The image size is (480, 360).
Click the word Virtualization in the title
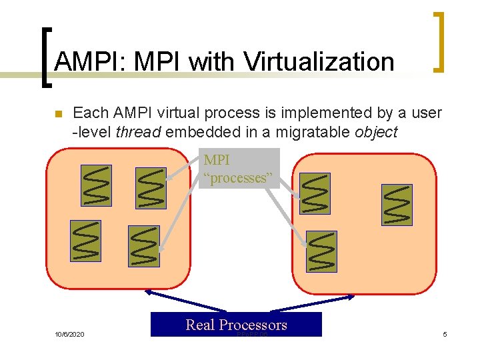point(319,62)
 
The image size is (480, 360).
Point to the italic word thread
point(138,132)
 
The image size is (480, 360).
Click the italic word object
point(375,132)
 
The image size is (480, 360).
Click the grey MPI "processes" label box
point(239,169)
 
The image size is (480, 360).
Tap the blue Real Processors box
point(236,325)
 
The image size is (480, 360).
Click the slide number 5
point(445,333)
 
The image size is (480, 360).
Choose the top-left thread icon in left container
point(96,185)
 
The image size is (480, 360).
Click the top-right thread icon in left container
point(151,188)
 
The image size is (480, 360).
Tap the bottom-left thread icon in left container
point(86,241)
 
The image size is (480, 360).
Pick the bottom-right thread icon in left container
point(143,246)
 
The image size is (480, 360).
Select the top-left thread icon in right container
point(315,193)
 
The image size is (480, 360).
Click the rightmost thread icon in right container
point(397,204)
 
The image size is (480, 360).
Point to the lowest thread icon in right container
point(321,251)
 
